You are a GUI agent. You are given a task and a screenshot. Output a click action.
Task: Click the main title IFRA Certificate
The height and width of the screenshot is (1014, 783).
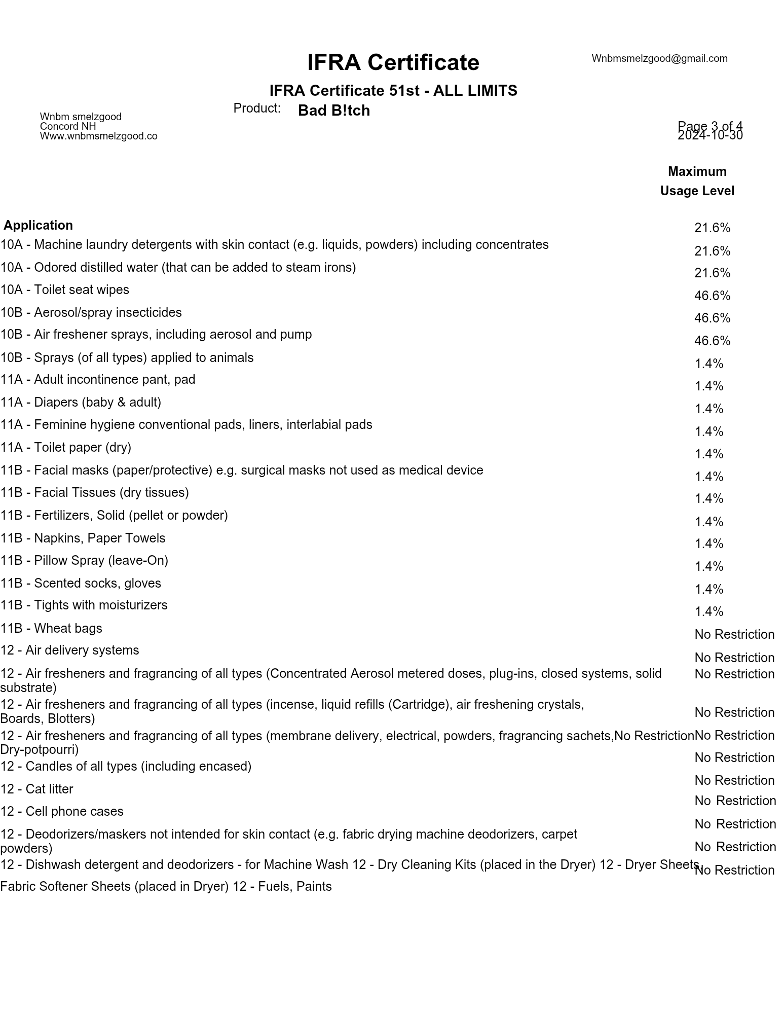(393, 62)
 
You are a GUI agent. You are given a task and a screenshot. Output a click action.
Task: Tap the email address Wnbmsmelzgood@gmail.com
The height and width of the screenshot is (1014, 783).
(659, 58)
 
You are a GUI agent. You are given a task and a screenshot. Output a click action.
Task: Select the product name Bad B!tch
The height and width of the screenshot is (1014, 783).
(333, 111)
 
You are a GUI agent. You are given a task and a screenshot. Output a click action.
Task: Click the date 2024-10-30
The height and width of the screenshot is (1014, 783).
(710, 135)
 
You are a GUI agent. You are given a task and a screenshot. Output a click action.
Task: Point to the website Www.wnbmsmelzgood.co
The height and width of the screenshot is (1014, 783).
(98, 136)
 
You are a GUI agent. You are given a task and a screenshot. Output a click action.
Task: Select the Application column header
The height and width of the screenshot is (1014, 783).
(39, 225)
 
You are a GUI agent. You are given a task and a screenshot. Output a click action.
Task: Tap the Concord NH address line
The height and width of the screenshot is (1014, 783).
(68, 126)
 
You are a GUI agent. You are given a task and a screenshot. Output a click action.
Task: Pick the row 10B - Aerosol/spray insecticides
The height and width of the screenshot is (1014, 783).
(91, 312)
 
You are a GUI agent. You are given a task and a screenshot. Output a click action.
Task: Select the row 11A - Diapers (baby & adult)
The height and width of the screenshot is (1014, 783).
(81, 402)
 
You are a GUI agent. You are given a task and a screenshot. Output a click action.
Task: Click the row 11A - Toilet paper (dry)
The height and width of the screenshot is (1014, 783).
(65, 447)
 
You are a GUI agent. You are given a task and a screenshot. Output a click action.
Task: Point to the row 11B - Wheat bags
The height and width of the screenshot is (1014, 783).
(51, 628)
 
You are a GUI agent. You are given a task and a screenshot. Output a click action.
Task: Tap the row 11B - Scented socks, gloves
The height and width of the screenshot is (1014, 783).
(81, 583)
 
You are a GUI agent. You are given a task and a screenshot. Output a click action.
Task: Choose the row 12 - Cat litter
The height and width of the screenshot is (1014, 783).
(36, 789)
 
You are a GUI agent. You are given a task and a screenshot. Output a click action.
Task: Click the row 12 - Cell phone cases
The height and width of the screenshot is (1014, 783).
(61, 811)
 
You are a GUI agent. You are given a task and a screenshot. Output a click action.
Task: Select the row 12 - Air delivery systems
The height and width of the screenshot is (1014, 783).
(69, 650)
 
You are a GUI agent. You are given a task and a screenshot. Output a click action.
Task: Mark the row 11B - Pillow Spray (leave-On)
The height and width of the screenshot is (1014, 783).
(84, 560)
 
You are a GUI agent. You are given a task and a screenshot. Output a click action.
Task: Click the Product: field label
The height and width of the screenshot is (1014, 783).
(256, 108)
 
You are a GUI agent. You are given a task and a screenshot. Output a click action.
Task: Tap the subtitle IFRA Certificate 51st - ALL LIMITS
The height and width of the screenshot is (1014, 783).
(393, 90)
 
